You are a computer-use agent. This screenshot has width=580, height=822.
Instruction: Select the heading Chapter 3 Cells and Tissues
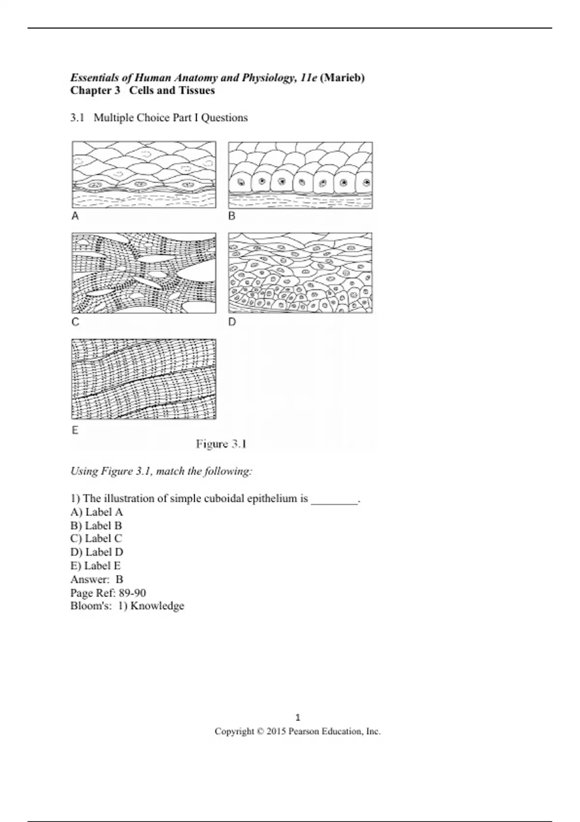[x=143, y=90]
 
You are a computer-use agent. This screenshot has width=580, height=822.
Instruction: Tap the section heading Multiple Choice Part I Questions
[x=171, y=117]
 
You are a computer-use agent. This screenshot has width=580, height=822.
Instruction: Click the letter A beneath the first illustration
[x=75, y=216]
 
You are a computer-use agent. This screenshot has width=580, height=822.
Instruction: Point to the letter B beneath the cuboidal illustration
[x=232, y=216]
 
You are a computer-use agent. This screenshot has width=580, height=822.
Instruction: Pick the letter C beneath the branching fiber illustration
[x=75, y=322]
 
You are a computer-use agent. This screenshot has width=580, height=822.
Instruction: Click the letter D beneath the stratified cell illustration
[x=232, y=322]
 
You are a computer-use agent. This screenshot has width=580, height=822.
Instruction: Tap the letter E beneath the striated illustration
[x=75, y=430]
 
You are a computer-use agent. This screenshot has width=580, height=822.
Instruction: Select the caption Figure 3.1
[x=221, y=444]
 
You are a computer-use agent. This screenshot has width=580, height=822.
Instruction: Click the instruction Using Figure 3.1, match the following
[x=161, y=471]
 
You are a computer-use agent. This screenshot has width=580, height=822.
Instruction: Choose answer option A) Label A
[x=97, y=512]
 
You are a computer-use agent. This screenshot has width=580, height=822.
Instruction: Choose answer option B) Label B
[x=96, y=526]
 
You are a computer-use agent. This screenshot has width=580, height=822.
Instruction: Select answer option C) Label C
[x=96, y=539]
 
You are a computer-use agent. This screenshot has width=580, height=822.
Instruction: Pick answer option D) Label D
[x=97, y=552]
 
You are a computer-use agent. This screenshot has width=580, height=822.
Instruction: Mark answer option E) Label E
[x=96, y=566]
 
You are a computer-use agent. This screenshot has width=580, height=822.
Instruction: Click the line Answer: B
[x=97, y=579]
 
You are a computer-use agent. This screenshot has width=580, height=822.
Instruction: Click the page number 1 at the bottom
[x=298, y=718]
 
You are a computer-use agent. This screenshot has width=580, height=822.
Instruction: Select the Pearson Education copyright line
[x=298, y=732]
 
